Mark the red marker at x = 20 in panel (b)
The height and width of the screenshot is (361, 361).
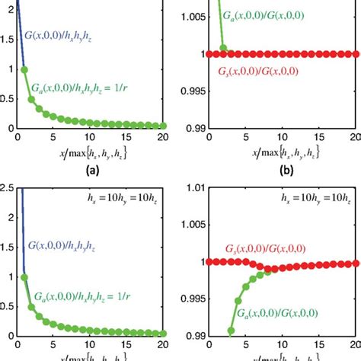click(356, 53)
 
